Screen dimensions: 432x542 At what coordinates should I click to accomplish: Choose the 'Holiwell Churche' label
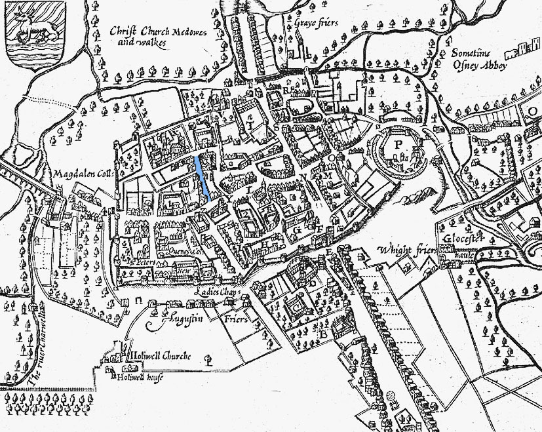(x=160, y=355)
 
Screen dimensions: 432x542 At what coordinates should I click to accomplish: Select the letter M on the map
(x=327, y=176)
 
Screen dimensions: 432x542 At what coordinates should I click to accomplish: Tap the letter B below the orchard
(x=322, y=334)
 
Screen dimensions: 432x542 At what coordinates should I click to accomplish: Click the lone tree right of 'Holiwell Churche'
(x=208, y=359)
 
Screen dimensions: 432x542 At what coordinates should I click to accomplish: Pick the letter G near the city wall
(x=297, y=230)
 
